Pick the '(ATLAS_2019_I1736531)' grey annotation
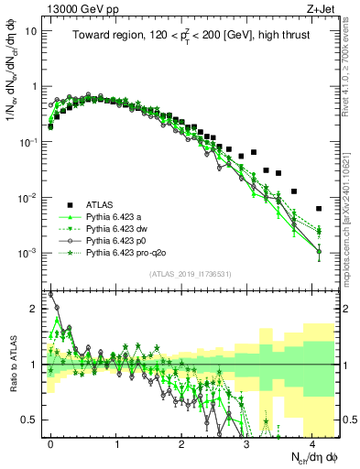tap(190, 274)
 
